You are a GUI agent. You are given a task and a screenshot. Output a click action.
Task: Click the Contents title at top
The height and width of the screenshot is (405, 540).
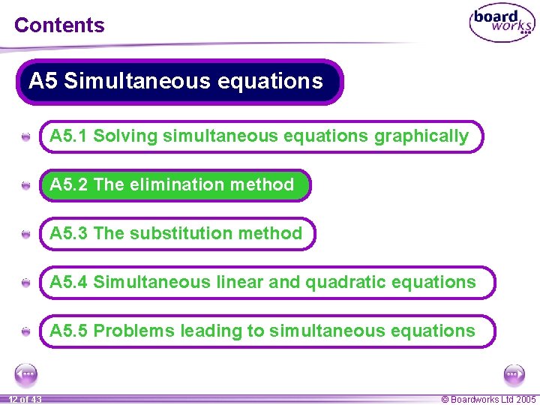click(x=59, y=25)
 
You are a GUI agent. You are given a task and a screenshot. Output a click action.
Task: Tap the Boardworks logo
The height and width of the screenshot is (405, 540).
click(x=502, y=24)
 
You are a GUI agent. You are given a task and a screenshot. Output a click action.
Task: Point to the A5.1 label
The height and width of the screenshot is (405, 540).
click(x=69, y=136)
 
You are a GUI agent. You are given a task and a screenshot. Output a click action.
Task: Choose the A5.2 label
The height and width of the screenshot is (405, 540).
click(x=69, y=184)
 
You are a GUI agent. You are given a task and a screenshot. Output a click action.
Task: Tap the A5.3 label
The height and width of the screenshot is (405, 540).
click(x=69, y=233)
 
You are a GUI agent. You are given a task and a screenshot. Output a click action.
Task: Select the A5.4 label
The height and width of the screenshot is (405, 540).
click(x=69, y=282)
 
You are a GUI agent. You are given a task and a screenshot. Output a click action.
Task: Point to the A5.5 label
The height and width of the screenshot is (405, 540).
click(x=69, y=331)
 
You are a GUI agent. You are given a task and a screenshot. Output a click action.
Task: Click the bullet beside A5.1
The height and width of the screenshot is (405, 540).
click(x=26, y=137)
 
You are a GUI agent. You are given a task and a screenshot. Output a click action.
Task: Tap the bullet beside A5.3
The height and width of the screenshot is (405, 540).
click(x=26, y=235)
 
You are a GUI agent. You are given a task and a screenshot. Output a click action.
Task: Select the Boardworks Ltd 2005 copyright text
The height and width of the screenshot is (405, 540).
click(x=488, y=400)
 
